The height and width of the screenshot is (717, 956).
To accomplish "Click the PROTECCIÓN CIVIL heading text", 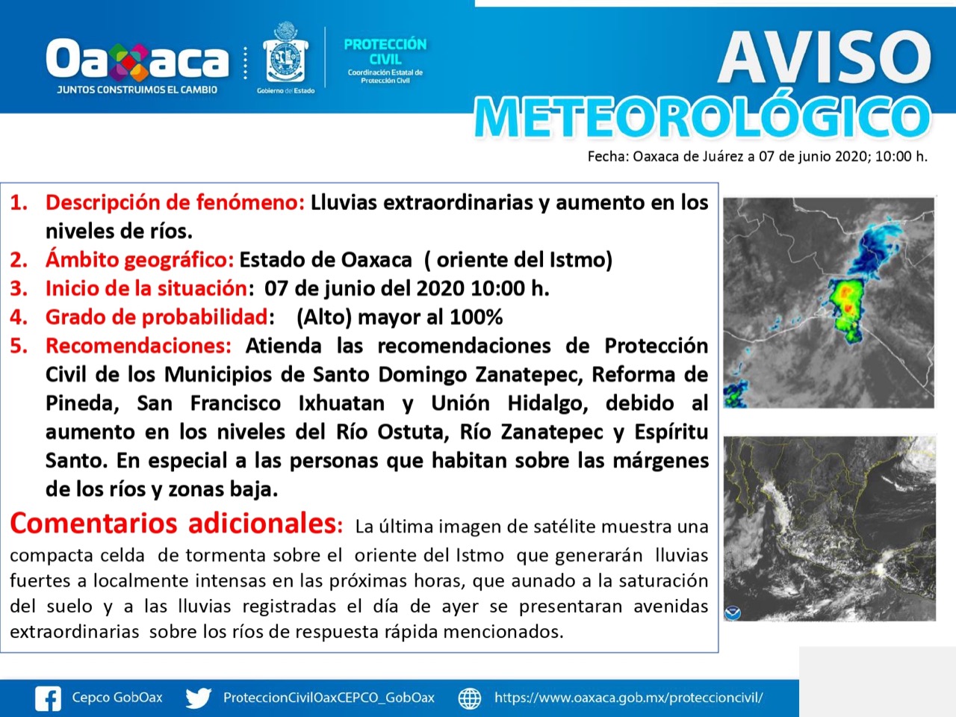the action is coord(385,52).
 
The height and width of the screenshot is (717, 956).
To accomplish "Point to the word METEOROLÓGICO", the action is coord(703,117).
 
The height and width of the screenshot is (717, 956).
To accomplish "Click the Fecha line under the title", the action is coord(757,157).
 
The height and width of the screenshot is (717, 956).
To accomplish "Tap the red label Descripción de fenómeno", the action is coord(175,203).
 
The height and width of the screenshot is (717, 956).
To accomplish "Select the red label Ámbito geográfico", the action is coord(140,260).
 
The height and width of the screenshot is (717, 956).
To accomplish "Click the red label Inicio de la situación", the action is coord(147,288).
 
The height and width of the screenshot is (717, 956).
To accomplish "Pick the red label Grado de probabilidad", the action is coord(157,317).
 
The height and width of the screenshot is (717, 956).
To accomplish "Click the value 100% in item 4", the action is coord(477,317).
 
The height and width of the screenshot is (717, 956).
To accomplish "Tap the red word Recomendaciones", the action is coord(138,346).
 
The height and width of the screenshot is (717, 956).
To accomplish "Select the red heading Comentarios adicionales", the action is coord(173,523).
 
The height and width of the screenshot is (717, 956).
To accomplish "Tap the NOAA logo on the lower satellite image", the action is coord(733,612).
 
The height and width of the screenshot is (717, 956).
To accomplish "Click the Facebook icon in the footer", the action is coord(48,698).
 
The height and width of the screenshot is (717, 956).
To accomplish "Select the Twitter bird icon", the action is coord(199,698).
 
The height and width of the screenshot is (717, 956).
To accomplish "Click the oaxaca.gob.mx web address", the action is coord(628,698).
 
